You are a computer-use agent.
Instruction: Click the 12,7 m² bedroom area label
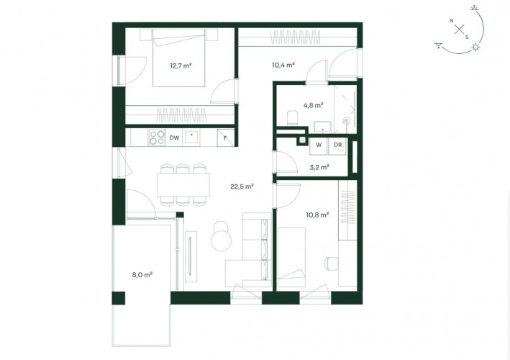181,66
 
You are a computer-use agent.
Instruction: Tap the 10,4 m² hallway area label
283,65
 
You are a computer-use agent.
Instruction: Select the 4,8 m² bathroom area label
313,105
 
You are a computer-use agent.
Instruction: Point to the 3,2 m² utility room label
319,168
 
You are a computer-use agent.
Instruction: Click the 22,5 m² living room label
242,186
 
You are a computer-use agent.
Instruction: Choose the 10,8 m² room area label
317,215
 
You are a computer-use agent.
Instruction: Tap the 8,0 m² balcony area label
142,275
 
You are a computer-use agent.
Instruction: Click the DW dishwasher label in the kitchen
174,138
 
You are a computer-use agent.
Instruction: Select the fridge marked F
225,138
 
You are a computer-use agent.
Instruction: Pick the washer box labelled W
319,145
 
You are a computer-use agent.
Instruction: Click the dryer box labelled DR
338,145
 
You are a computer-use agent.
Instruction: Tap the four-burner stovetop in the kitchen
156,138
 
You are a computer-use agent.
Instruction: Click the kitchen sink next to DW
191,138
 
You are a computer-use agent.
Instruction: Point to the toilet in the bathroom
292,118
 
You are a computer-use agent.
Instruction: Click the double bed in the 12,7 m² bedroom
179,58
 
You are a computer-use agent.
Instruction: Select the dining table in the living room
183,185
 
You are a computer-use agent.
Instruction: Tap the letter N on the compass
452,21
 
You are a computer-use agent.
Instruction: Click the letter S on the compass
467,37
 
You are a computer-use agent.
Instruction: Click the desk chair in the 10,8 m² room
331,264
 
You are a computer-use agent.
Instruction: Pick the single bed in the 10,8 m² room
291,258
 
